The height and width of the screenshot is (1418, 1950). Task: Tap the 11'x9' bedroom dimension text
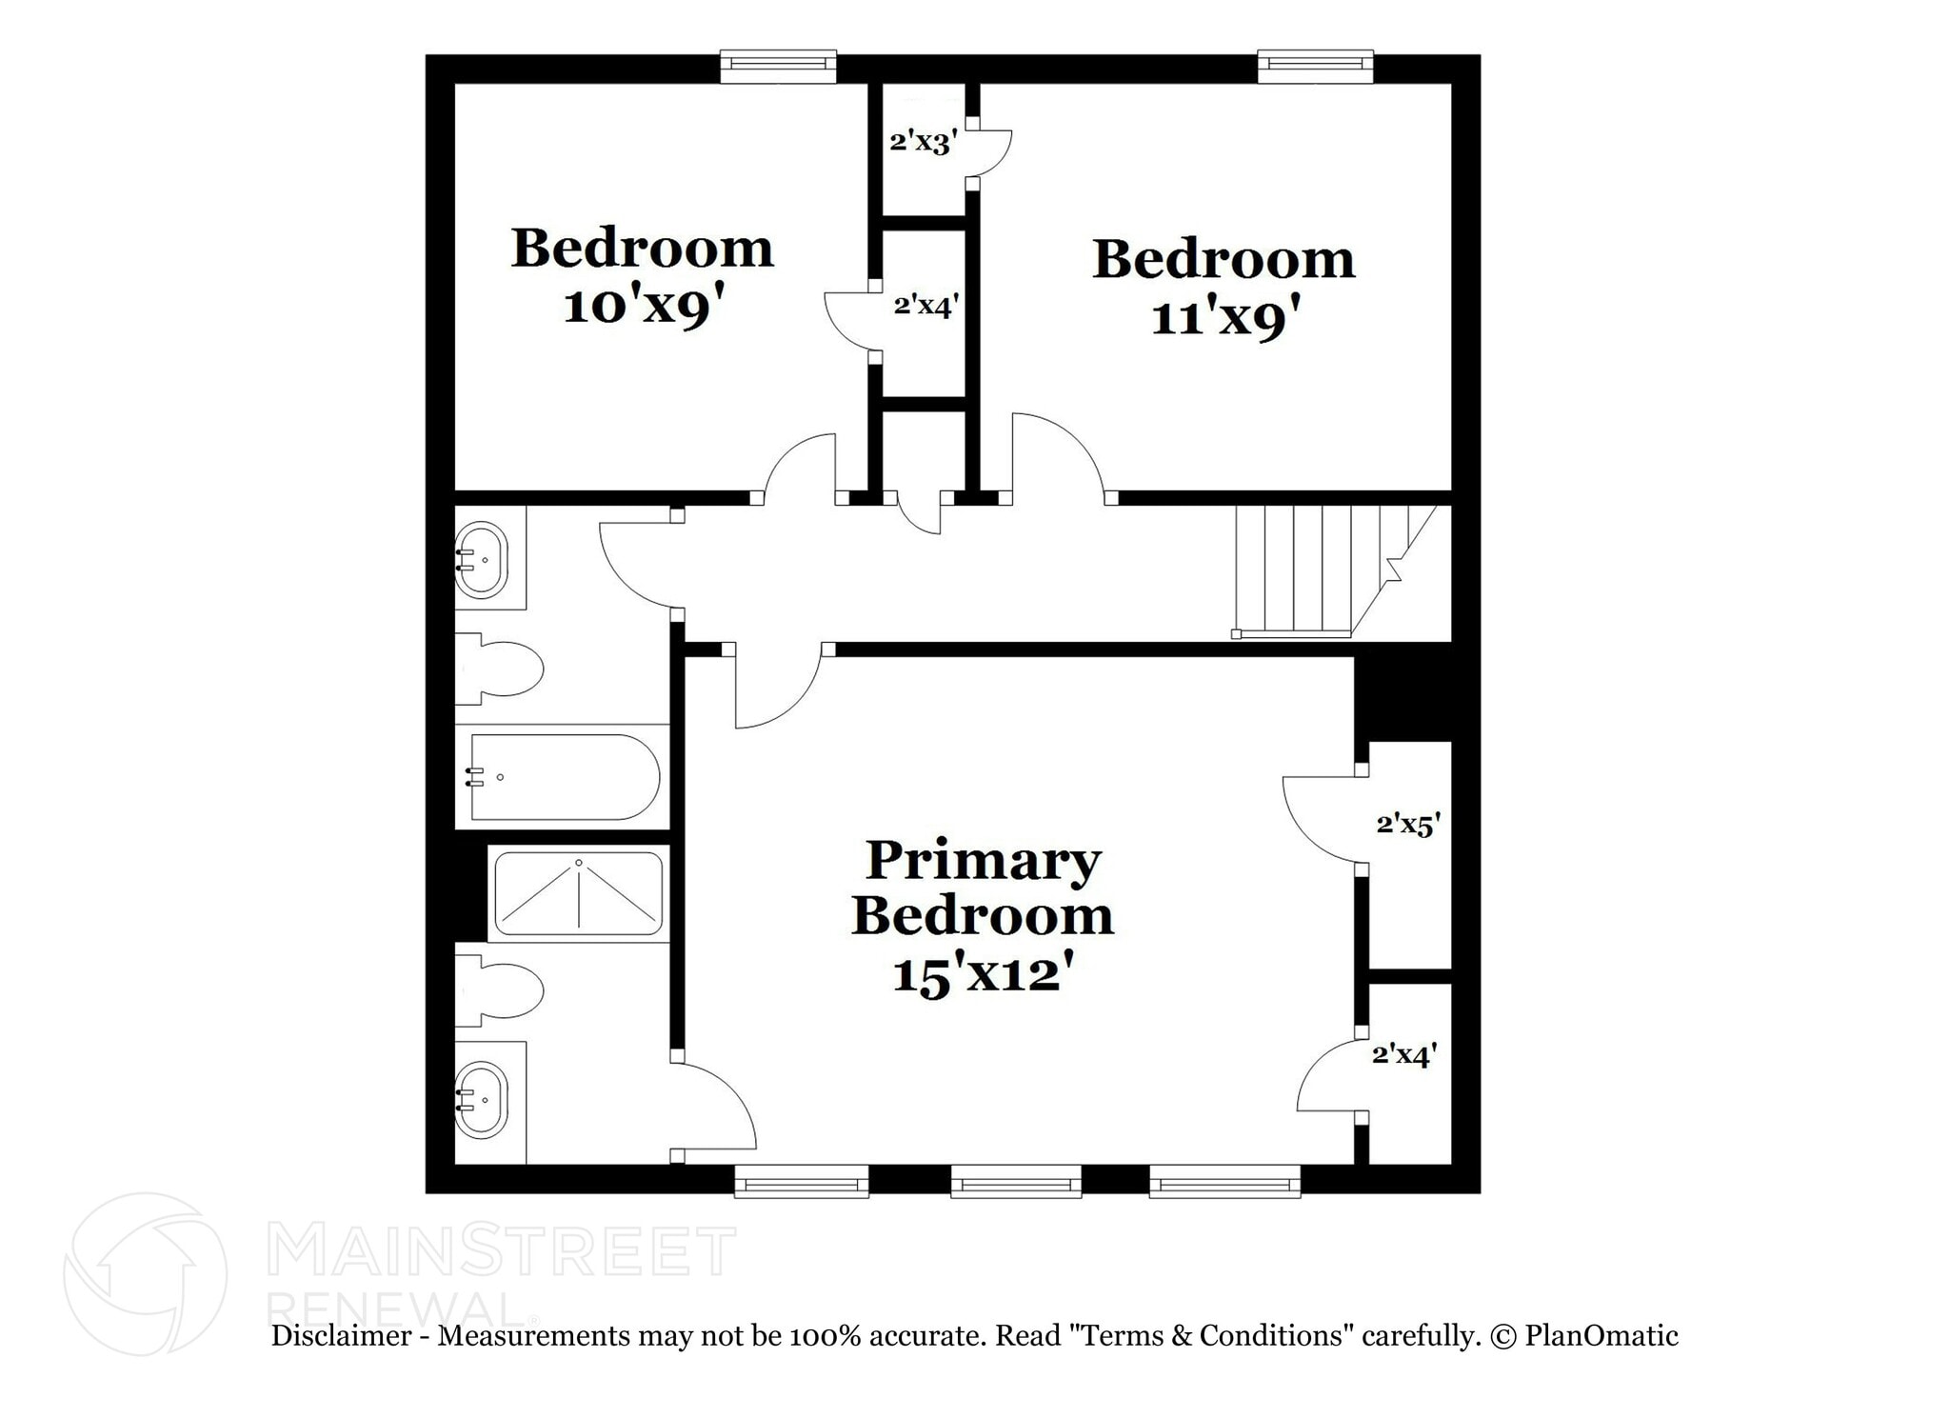click(1225, 318)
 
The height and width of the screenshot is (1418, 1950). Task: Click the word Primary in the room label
click(983, 861)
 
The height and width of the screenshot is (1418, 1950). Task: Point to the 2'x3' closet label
click(923, 143)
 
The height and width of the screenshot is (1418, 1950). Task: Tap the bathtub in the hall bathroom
click(564, 777)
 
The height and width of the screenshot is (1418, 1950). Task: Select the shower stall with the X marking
click(578, 894)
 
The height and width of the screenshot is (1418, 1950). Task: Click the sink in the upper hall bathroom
click(482, 560)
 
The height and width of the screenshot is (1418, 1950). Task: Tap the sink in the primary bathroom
click(482, 1100)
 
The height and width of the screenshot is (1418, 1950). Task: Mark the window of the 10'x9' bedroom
click(778, 65)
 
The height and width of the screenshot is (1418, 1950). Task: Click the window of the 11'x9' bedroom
click(1315, 65)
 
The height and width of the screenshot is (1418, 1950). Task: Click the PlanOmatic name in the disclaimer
click(1602, 1336)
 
